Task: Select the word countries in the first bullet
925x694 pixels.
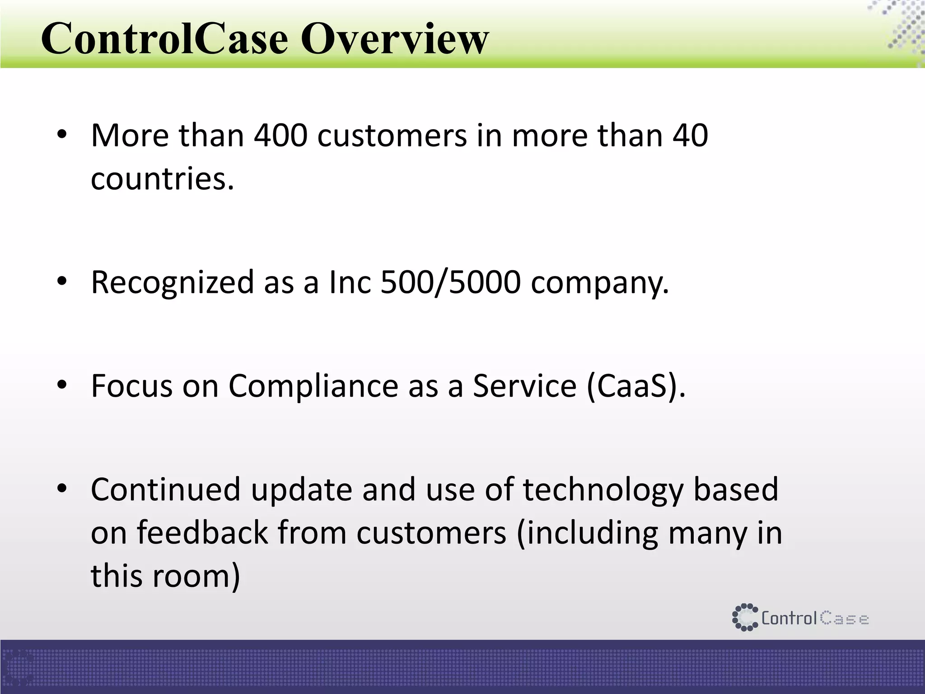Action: (162, 178)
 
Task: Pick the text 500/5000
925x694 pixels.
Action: (450, 282)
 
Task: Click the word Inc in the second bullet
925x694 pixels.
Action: (350, 282)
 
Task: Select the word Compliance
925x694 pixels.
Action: (313, 386)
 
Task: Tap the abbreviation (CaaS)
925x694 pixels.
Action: (636, 386)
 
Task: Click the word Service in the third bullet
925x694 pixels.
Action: (524, 386)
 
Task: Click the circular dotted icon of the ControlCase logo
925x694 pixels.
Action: (745, 617)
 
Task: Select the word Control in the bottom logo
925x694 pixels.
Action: (789, 618)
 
